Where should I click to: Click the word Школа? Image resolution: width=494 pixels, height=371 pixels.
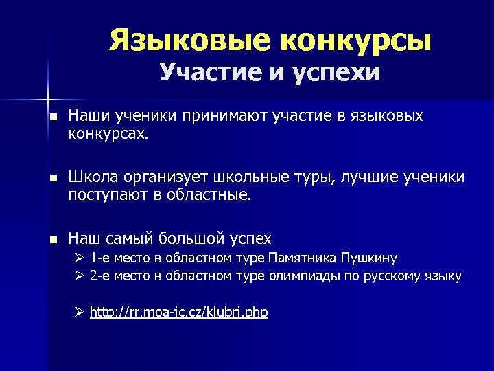[93, 179]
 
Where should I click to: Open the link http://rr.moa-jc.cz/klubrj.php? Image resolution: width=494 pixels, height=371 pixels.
[178, 313]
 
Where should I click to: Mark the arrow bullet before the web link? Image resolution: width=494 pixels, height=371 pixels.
[79, 313]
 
